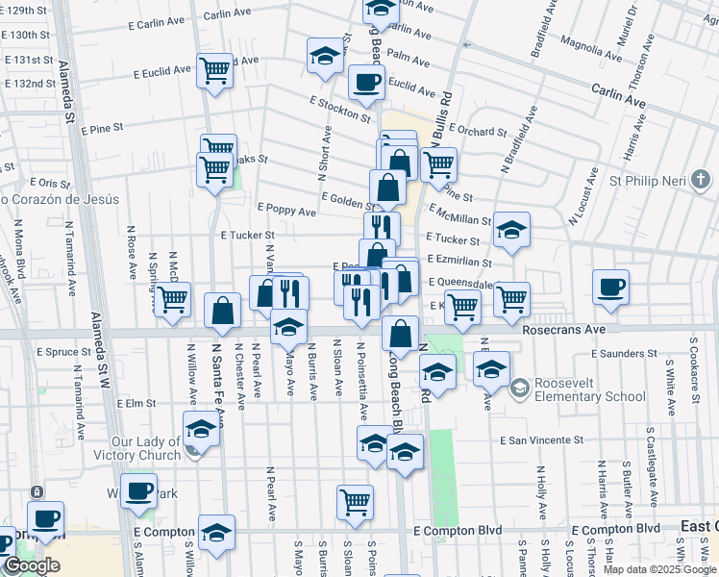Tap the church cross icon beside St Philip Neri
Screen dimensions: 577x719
pyautogui.click(x=701, y=179)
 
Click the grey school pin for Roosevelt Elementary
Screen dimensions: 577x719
pyautogui.click(x=519, y=389)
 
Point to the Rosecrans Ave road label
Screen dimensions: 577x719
pyautogui.click(x=563, y=329)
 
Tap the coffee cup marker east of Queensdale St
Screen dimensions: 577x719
pyautogui.click(x=610, y=287)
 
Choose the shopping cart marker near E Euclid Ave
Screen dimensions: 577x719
pyautogui.click(x=214, y=70)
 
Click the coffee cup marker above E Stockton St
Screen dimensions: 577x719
pyautogui.click(x=365, y=83)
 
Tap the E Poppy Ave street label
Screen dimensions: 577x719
pyautogui.click(x=286, y=210)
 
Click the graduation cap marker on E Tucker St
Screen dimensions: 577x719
pyautogui.click(x=511, y=230)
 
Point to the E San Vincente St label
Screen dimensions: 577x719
pyautogui.click(x=542, y=440)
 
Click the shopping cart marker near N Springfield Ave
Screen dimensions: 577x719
pyautogui.click(x=173, y=299)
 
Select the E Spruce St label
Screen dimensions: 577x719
pyautogui.click(x=62, y=353)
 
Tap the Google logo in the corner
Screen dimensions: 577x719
pyautogui.click(x=31, y=565)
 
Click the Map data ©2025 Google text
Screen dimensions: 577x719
pyautogui.click(x=658, y=569)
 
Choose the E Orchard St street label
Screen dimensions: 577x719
pyautogui.click(x=476, y=131)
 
